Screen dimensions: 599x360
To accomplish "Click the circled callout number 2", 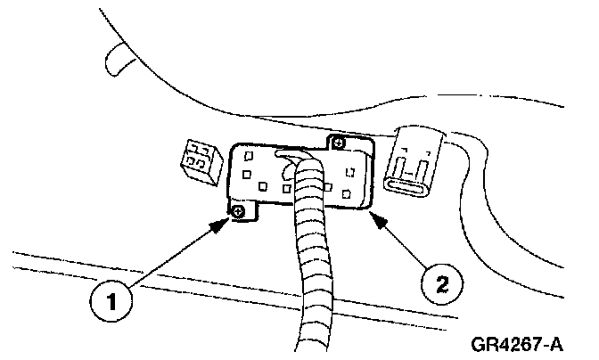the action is pyautogui.click(x=441, y=285).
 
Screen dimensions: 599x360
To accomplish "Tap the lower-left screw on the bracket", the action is pyautogui.click(x=240, y=210).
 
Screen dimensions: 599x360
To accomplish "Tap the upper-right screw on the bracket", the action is pyautogui.click(x=337, y=142).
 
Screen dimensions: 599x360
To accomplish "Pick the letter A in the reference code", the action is pyautogui.click(x=561, y=341).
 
